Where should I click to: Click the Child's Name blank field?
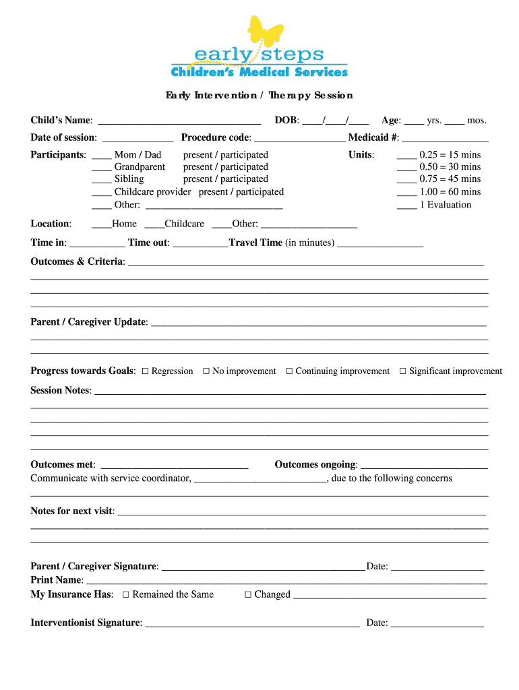pos(179,121)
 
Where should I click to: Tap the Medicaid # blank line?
pos(445,139)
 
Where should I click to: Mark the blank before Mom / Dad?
pos(101,156)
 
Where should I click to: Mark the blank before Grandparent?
pos(101,168)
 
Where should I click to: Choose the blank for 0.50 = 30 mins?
pos(406,168)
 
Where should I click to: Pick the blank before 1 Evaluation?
pos(406,206)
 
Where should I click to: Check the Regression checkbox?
pos(146,371)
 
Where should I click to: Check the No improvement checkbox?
pos(206,371)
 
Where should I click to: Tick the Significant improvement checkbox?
pos(403,371)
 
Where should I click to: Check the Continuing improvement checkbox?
pos(289,371)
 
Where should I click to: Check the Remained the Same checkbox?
pos(126,595)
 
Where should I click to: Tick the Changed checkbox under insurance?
pos(247,595)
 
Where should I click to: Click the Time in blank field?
pos(97,244)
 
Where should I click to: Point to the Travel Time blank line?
pos(380,244)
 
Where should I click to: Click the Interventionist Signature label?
pos(86,623)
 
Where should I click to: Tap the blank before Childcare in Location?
pos(154,225)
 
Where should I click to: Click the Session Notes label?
pos(60,391)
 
